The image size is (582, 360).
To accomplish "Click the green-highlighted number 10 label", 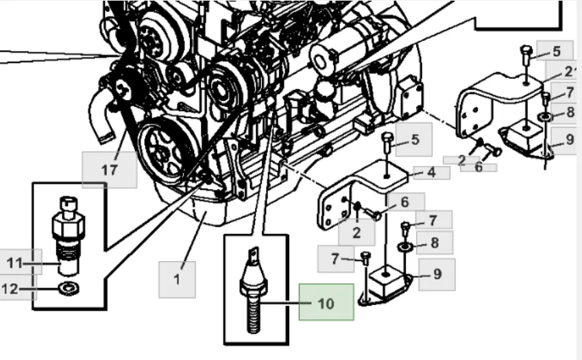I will [326, 302].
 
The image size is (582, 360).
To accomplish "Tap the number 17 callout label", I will [109, 169].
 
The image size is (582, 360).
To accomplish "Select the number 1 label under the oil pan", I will [177, 279].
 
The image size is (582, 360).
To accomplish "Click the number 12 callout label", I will [10, 289].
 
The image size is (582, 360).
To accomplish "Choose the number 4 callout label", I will [431, 173].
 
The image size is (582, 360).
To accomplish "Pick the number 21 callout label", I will [570, 71].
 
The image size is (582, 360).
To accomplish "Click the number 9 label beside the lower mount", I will [437, 275].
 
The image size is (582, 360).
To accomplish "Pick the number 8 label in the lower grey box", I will [433, 242].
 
